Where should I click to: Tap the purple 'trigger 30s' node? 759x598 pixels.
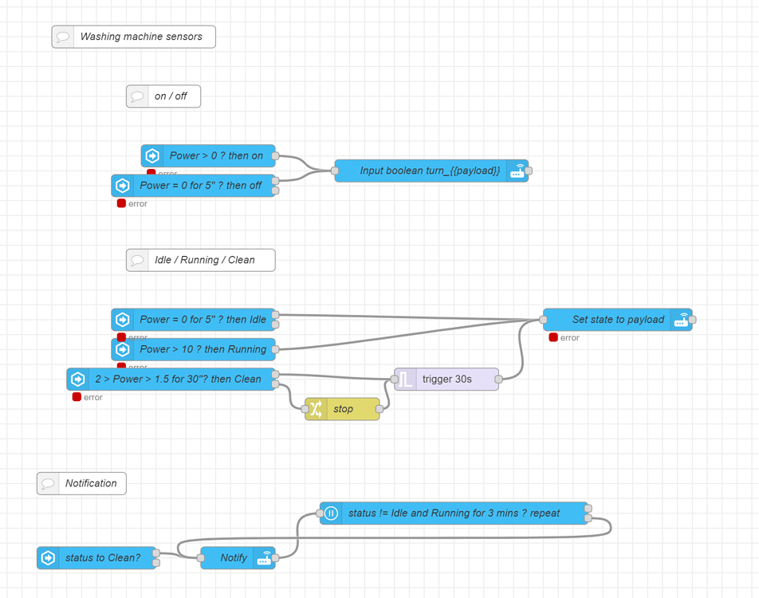tap(446, 380)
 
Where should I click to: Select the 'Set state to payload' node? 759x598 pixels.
tap(618, 320)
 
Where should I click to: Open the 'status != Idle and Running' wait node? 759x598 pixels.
tap(454, 513)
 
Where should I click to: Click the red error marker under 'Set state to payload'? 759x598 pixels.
tap(553, 338)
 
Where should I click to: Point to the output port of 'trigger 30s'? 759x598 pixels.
tap(499, 380)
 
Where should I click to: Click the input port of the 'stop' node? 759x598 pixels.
tap(305, 409)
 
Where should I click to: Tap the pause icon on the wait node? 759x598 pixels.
tap(331, 513)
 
